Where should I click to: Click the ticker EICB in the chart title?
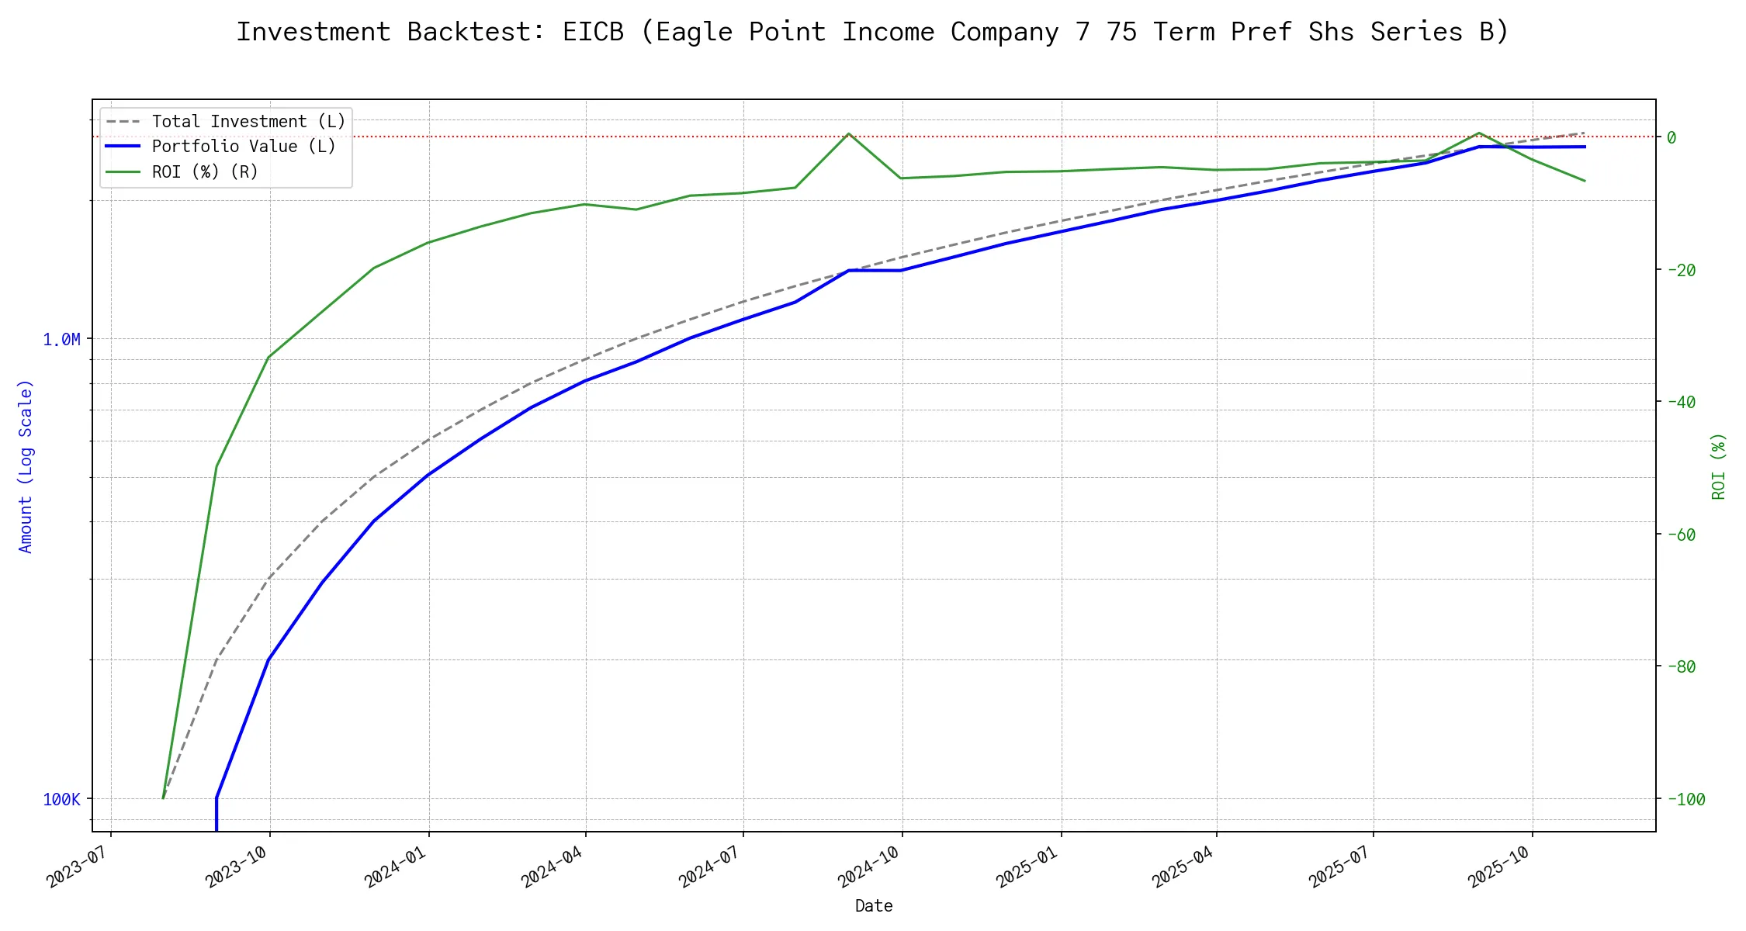tap(593, 32)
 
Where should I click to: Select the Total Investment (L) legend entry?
tap(248, 122)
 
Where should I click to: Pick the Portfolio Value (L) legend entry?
tap(244, 147)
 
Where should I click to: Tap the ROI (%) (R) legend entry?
tap(205, 171)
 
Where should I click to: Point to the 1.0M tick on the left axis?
tap(61, 340)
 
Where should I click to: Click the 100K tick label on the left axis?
tap(61, 800)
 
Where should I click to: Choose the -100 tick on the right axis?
tap(1685, 799)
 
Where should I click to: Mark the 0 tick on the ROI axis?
tap(1672, 137)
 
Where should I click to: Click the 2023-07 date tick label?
tap(78, 866)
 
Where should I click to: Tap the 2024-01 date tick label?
tap(396, 866)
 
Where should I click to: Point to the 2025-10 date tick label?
tap(1499, 866)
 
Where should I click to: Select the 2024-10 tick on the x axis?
tap(869, 866)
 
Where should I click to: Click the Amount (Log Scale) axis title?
tap(26, 465)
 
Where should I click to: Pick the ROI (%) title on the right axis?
tap(1718, 465)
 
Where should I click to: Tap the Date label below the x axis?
tap(874, 906)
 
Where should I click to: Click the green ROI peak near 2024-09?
tap(849, 133)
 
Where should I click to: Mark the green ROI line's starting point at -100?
tap(163, 798)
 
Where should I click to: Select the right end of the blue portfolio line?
tap(1585, 147)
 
